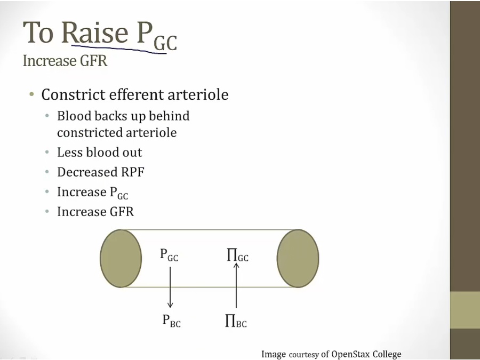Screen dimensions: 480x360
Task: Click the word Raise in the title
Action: coord(95,33)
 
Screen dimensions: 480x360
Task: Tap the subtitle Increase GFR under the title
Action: coord(65,61)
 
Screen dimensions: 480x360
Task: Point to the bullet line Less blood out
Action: coord(100,152)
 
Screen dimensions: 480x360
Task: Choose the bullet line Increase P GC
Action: coord(92,193)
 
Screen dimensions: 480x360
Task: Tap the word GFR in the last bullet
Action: coord(122,212)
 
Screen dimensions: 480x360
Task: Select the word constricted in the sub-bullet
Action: coord(86,133)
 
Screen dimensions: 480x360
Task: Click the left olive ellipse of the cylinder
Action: coord(121,258)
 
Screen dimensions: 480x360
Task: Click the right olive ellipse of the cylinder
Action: coord(298,258)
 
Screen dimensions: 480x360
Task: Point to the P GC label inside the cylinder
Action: coord(169,255)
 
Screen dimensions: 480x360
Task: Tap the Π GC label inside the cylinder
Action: coord(237,255)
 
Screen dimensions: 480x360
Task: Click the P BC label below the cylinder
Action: coord(171,321)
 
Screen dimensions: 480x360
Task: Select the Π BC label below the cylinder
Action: coord(236,321)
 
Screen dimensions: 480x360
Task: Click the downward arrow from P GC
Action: coord(170,287)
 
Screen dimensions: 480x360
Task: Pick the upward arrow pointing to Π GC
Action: coord(236,285)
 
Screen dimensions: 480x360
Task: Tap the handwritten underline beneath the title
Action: coord(119,49)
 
